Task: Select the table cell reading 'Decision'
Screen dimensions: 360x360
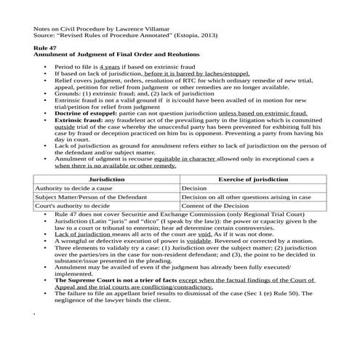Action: pos(194,188)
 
